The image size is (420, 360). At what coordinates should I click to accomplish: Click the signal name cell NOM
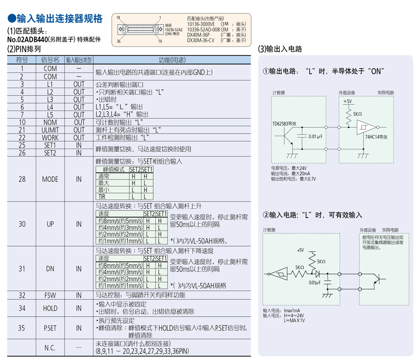point(50,122)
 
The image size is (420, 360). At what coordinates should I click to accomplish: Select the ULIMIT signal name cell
point(50,130)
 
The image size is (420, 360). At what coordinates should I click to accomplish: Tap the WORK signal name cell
point(50,138)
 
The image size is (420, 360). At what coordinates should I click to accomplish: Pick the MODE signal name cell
point(50,179)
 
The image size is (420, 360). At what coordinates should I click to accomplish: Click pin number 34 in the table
point(22,308)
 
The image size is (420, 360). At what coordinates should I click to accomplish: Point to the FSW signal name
point(50,296)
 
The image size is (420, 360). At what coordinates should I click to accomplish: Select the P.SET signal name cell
point(50,328)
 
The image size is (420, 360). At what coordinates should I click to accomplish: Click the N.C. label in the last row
point(50,348)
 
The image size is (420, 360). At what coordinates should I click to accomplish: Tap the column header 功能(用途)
point(172,60)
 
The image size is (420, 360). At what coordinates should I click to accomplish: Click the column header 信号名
point(50,60)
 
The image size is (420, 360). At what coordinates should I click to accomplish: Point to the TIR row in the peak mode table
point(125,197)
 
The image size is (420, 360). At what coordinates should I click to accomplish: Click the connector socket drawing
point(140,29)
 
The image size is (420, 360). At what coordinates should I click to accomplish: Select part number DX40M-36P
point(198,35)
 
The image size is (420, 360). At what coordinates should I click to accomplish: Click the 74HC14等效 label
point(376,137)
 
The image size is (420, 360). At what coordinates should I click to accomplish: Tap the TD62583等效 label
point(285,124)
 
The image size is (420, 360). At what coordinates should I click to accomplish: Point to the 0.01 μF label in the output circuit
point(315,136)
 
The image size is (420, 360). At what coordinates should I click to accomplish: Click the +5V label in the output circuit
point(347,101)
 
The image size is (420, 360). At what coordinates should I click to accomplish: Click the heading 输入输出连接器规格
point(55,19)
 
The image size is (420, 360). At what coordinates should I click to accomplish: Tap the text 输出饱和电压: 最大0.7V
point(294,179)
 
